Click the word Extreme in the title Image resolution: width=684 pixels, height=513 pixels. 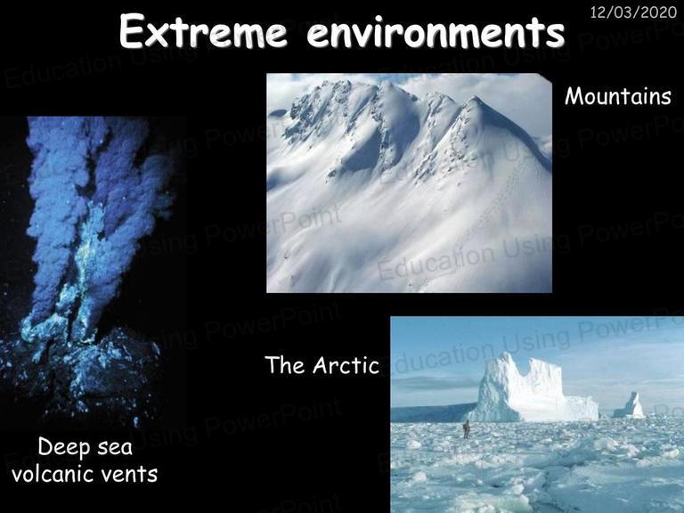[x=203, y=31]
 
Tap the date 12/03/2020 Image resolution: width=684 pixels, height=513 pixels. [x=633, y=12]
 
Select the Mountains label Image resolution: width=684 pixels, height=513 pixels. [x=618, y=96]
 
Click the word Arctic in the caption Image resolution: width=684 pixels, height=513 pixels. [x=346, y=364]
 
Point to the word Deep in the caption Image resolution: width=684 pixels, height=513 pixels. [x=60, y=448]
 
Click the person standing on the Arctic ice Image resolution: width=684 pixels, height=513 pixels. [x=467, y=429]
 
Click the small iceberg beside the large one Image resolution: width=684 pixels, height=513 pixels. [x=630, y=406]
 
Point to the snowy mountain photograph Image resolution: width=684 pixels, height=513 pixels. [x=409, y=183]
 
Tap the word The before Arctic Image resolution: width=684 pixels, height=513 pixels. [x=284, y=364]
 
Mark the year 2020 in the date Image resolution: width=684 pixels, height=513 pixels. [x=659, y=12]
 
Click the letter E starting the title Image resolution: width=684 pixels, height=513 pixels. [x=130, y=30]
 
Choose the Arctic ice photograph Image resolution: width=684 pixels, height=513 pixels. [x=537, y=414]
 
